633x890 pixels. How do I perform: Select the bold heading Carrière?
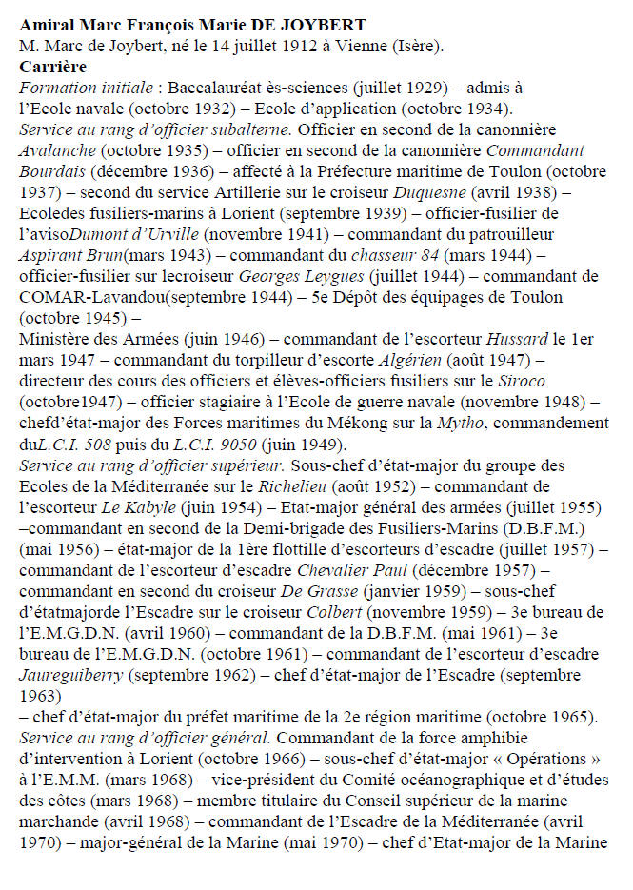point(52,67)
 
